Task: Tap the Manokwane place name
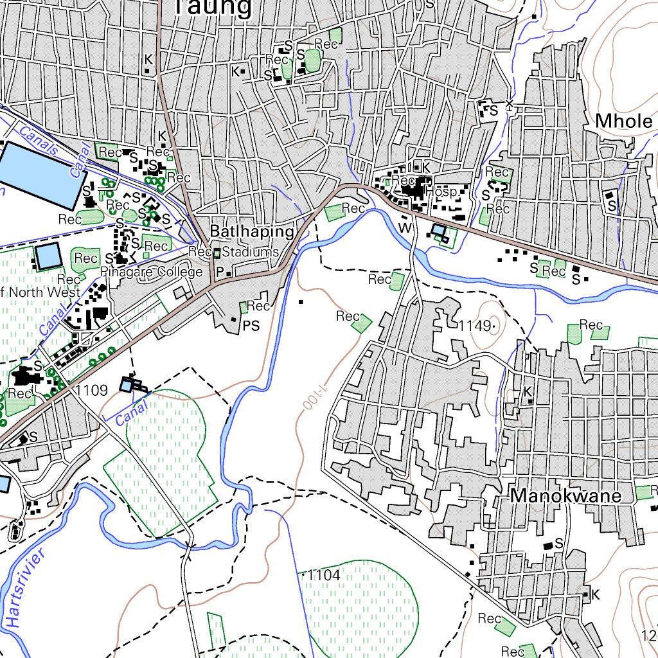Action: pyautogui.click(x=566, y=496)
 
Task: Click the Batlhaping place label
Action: pyautogui.click(x=253, y=231)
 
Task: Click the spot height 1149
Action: pyautogui.click(x=475, y=326)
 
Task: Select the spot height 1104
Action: pyautogui.click(x=324, y=575)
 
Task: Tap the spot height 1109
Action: pyautogui.click(x=91, y=390)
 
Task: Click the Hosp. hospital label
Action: pyautogui.click(x=445, y=192)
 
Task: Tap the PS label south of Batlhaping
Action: pyautogui.click(x=251, y=326)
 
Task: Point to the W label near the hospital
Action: pyautogui.click(x=404, y=227)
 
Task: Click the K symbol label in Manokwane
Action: pyautogui.click(x=528, y=391)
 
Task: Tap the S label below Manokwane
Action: pyautogui.click(x=558, y=543)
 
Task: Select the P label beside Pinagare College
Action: pyautogui.click(x=219, y=273)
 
